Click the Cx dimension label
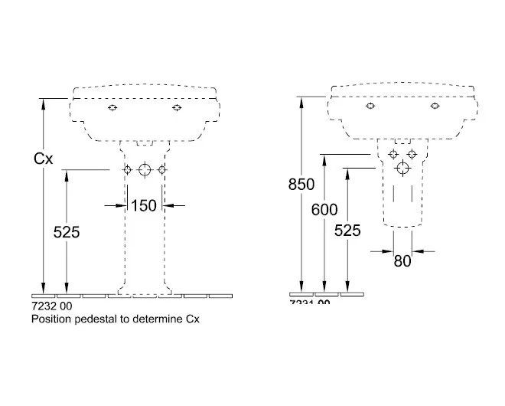pos(44,159)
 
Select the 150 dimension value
pos(144,205)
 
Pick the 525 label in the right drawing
pos(347,229)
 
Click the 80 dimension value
pos(402,260)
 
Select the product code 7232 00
pos(51,305)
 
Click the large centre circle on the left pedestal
pos(144,170)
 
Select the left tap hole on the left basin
pos(113,108)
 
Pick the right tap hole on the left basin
pos(177,108)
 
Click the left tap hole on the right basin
pos(370,106)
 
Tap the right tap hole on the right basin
pos(434,106)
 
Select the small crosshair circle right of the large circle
pos(161,170)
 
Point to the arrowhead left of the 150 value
pos(122,205)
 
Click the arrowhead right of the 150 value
pos(167,205)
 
